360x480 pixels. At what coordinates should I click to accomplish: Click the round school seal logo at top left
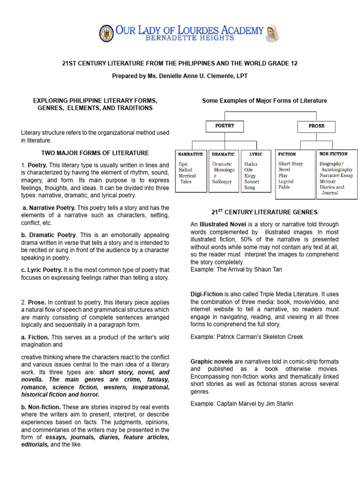point(106,33)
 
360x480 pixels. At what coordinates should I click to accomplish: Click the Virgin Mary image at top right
point(273,33)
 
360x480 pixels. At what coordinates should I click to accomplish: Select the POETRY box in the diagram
point(225,126)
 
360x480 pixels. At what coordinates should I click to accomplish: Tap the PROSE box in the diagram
point(316,126)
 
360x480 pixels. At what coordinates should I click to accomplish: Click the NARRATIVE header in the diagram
point(190,154)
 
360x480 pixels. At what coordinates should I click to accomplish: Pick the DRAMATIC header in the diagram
point(224,154)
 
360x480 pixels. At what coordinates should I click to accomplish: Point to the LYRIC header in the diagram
point(256,154)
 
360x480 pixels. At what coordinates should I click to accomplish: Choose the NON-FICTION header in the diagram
point(333,154)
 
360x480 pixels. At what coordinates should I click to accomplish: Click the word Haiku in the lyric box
point(251,164)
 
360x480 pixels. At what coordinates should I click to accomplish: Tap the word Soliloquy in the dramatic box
point(222,181)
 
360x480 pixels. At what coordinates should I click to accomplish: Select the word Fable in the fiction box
point(284,187)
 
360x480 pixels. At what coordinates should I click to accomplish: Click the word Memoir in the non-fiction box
point(328,181)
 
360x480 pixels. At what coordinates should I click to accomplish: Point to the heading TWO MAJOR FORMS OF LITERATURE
point(95,153)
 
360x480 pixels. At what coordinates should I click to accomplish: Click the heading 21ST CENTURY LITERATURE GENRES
point(264,212)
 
